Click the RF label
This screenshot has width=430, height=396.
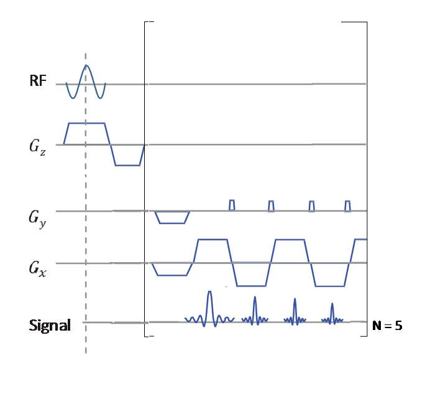[38, 81]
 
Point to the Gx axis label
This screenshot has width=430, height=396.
[38, 269]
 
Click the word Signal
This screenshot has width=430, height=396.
[50, 325]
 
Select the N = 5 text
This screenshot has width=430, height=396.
[387, 326]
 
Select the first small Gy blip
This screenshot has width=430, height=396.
[232, 205]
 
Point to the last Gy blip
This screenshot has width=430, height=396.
[347, 205]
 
